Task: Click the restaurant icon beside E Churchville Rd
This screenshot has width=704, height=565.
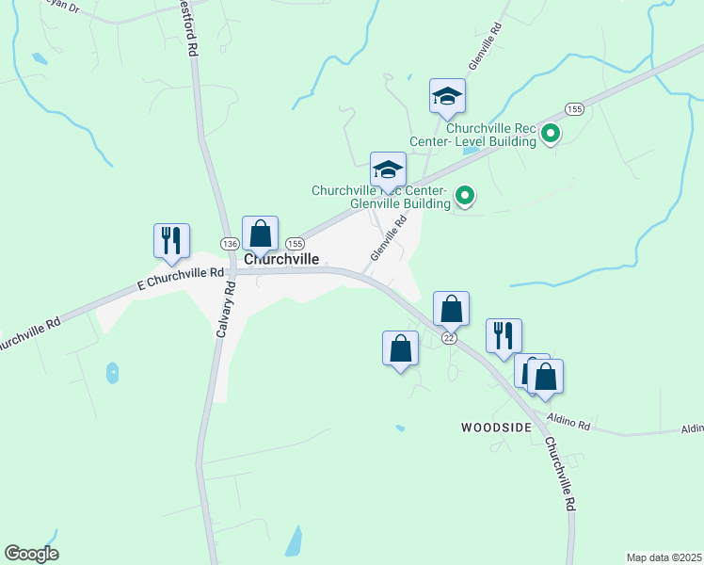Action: tap(172, 240)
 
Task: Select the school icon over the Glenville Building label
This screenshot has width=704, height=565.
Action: tap(388, 169)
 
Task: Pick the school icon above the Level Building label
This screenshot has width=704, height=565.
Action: tap(448, 95)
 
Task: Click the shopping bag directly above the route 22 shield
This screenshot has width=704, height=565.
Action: tap(452, 308)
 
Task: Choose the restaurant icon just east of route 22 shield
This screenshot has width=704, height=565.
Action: tap(504, 334)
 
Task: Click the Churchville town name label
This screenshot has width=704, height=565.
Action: tap(281, 258)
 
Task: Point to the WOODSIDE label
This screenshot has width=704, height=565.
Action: tap(495, 428)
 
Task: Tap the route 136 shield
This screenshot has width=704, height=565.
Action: tap(229, 243)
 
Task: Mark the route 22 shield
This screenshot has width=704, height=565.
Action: tap(449, 338)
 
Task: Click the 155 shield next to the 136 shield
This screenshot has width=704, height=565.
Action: tap(294, 242)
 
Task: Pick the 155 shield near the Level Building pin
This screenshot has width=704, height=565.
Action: tap(575, 109)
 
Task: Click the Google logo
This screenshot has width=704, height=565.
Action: tap(31, 554)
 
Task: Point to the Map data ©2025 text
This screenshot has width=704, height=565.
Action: tap(664, 557)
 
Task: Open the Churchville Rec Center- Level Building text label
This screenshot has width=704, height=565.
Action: tap(490, 135)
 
